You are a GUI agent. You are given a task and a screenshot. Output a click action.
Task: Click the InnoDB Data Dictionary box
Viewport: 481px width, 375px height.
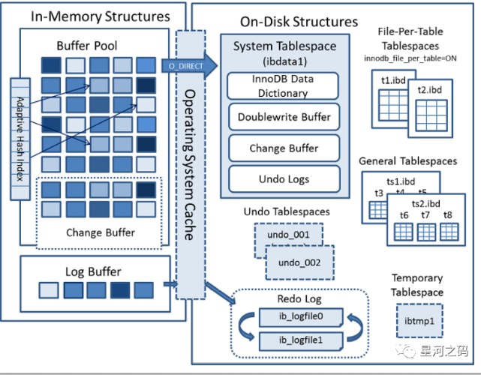283,86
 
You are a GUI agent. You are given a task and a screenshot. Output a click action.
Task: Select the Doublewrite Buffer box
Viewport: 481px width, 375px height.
284,117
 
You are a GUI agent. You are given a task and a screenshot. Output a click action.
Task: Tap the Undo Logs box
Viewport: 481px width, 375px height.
284,179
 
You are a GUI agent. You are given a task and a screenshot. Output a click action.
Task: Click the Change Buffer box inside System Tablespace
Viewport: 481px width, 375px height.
284,148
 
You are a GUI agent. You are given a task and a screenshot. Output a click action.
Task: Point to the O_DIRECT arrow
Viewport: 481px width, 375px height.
189,65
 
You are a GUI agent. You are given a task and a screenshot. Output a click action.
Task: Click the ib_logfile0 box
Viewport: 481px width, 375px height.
301,317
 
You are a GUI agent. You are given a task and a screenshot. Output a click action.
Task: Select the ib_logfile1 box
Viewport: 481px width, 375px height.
301,341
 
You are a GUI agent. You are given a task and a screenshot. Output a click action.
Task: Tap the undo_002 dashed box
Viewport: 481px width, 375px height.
299,262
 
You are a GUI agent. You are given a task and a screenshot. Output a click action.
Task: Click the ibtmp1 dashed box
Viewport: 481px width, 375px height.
419,321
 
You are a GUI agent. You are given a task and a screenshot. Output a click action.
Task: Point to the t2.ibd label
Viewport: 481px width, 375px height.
429,90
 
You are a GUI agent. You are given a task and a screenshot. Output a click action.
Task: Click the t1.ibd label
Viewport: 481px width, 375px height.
393,80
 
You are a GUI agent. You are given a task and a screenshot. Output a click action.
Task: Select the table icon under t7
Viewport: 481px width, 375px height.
426,232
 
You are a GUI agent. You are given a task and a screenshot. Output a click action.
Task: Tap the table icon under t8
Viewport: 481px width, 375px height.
449,232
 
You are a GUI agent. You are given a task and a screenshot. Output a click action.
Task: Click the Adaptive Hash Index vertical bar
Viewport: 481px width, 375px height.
20,139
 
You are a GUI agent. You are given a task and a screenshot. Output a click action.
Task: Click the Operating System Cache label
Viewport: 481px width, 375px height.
190,165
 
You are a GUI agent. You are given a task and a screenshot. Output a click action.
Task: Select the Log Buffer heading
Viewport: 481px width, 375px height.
93,272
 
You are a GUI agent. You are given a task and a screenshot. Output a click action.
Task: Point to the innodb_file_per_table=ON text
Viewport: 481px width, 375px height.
410,58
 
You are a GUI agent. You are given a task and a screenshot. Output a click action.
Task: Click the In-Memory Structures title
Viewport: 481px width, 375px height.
101,16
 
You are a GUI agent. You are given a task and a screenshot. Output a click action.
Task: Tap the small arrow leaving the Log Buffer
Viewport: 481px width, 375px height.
170,284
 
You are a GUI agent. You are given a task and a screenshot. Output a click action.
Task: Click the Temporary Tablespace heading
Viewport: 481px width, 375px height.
417,285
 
